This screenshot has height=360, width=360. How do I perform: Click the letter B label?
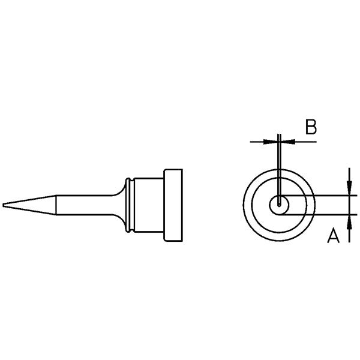[x=311, y=127]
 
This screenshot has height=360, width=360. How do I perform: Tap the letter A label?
[x=333, y=235]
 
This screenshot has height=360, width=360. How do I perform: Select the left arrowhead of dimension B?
[x=270, y=142]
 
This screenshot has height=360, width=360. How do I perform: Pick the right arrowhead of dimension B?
[x=287, y=142]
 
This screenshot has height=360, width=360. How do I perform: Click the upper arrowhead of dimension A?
[x=349, y=188]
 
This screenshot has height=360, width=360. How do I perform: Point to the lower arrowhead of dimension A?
[x=349, y=222]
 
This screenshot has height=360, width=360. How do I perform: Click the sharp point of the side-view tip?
[x=3, y=205]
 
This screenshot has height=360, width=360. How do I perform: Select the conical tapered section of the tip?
[x=29, y=205]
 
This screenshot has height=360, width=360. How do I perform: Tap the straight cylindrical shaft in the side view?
[x=84, y=205]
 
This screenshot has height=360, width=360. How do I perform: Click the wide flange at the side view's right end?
[x=173, y=205]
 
